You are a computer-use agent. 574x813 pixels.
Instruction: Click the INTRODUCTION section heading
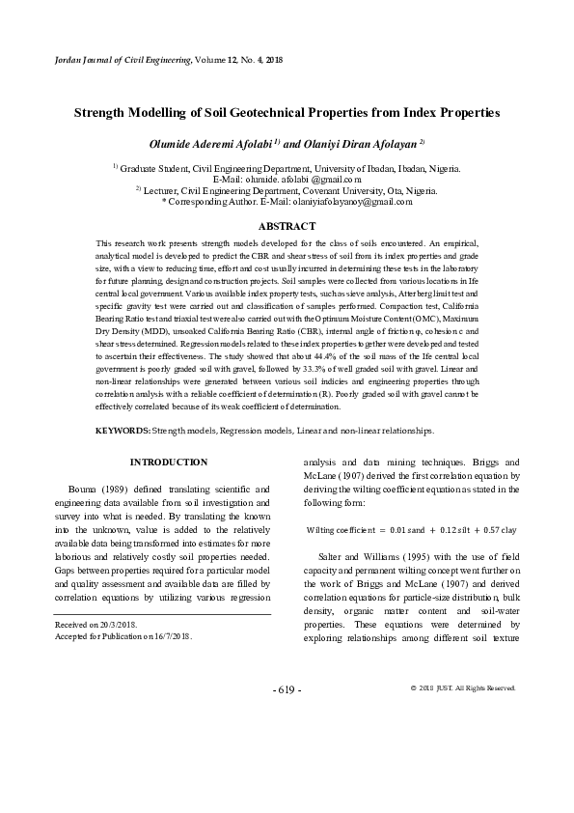[x=169, y=463]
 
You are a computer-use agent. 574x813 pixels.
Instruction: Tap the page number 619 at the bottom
[x=287, y=716]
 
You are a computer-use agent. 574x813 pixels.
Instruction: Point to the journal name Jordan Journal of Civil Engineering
[x=110, y=61]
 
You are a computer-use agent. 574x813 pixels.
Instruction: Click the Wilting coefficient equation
[x=411, y=530]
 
